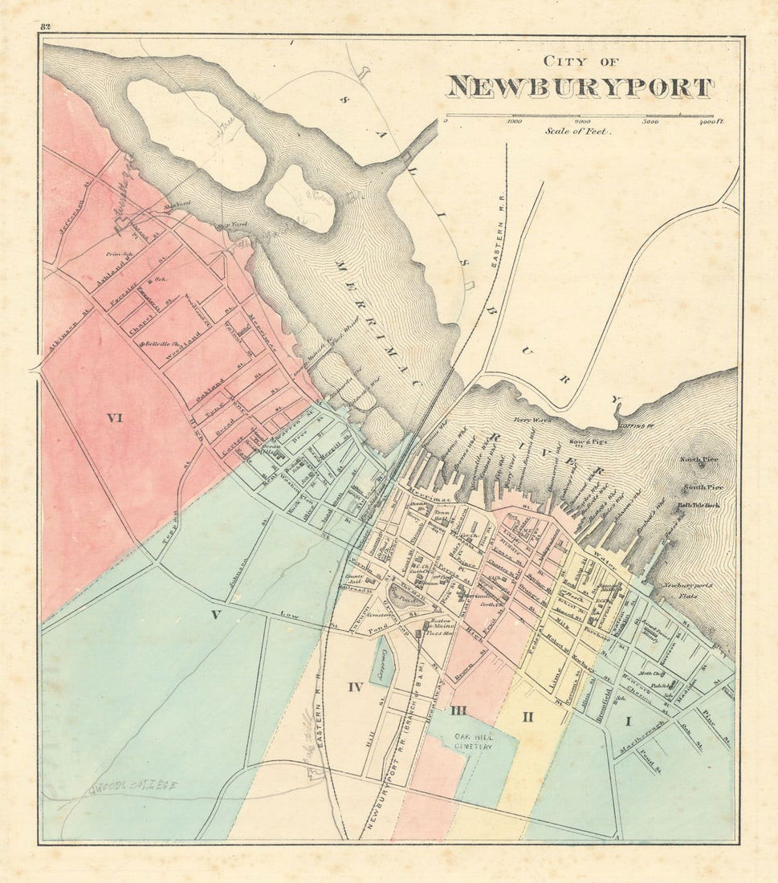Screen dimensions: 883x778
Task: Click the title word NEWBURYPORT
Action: [580, 87]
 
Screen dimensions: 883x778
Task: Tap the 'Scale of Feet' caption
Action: [576, 131]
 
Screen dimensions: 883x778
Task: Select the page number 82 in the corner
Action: [45, 27]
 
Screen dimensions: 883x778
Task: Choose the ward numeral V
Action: [215, 615]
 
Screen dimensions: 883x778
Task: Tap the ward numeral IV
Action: [356, 686]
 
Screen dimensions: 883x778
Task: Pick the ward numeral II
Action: [527, 716]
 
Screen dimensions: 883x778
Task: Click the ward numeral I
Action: [628, 722]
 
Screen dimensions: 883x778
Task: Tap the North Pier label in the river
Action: [698, 460]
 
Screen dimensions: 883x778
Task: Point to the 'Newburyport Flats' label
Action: [687, 590]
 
